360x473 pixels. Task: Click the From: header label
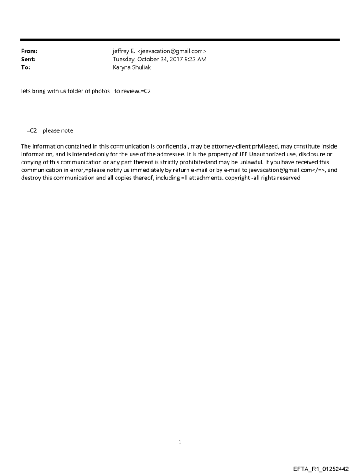pos(29,52)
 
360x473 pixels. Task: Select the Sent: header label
pos(28,60)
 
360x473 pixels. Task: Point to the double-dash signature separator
pos(23,115)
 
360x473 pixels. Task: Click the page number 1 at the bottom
pos(180,442)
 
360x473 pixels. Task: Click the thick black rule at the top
pos(180,40)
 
